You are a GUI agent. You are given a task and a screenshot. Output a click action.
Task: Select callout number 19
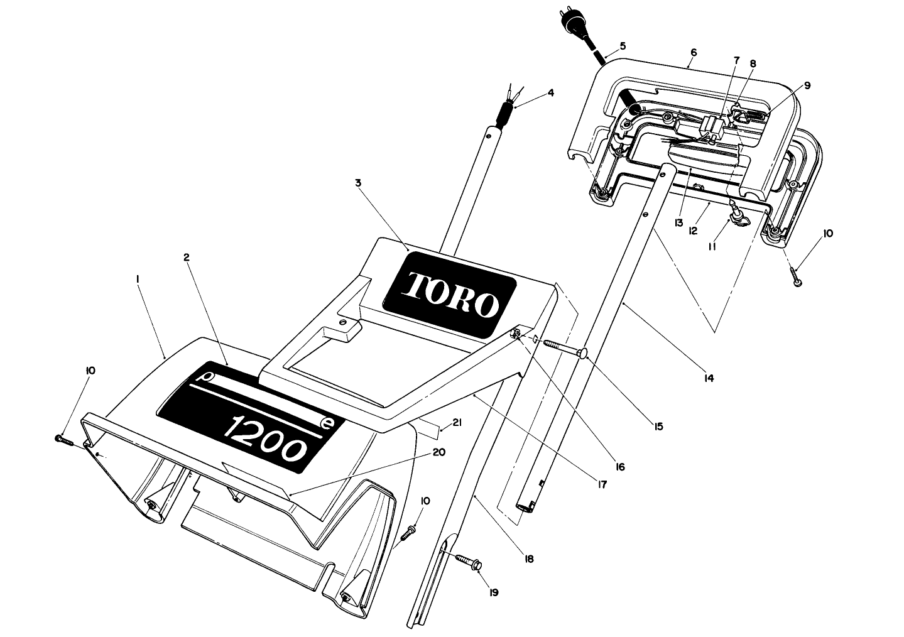pyautogui.click(x=494, y=592)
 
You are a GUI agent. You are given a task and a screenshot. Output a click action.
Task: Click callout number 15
pyautogui.click(x=658, y=427)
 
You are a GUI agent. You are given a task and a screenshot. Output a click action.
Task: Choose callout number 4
pyautogui.click(x=550, y=92)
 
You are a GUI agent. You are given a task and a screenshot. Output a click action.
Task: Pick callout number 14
pyautogui.click(x=709, y=378)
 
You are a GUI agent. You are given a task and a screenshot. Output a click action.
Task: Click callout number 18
pyautogui.click(x=529, y=558)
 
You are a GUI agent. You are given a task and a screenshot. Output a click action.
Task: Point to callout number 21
pyautogui.click(x=457, y=423)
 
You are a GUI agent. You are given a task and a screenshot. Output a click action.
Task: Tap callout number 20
pyautogui.click(x=439, y=452)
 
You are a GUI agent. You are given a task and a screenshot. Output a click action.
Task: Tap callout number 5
pyautogui.click(x=623, y=45)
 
